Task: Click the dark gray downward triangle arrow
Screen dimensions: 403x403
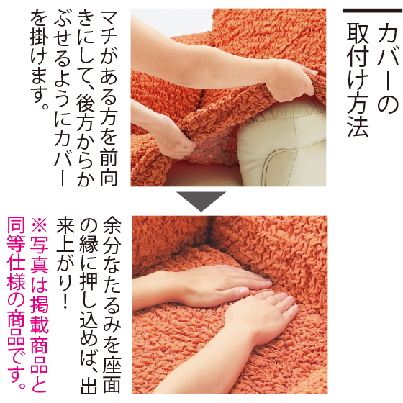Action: (201, 201)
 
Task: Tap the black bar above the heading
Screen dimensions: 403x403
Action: (373, 11)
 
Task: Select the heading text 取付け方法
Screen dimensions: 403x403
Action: (358, 80)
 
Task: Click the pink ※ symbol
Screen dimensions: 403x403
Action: (40, 226)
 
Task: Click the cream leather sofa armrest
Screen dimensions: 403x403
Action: (282, 143)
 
